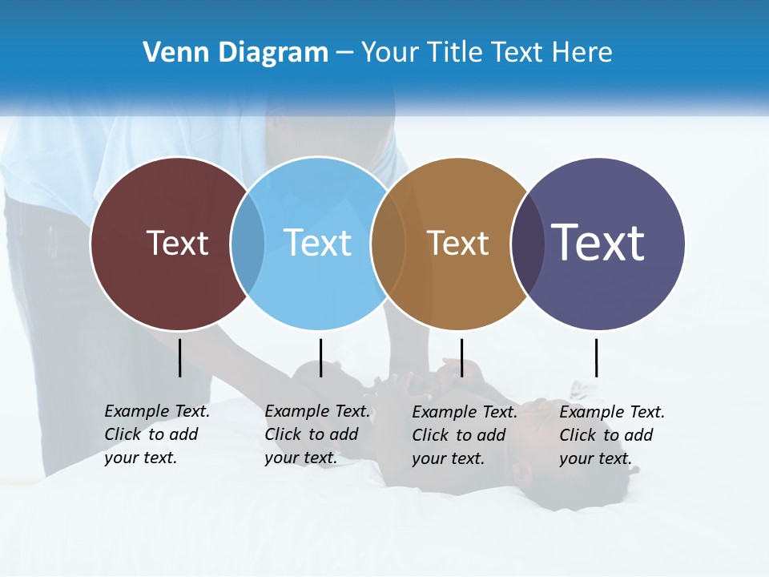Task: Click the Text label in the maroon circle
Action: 177,243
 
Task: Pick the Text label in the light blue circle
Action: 317,243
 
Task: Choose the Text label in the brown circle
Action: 457,243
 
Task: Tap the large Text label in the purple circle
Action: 598,243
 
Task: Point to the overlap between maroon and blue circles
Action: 248,244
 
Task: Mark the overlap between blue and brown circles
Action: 389,244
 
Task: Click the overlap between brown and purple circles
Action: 528,244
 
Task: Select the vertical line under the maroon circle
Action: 179,357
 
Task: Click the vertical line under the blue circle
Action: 320,357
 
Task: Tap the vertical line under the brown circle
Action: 461,357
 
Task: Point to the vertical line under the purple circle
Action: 596,357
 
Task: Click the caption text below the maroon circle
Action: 157,434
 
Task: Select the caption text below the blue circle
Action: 317,434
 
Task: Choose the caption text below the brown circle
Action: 465,435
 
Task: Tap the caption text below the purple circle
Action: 612,435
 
